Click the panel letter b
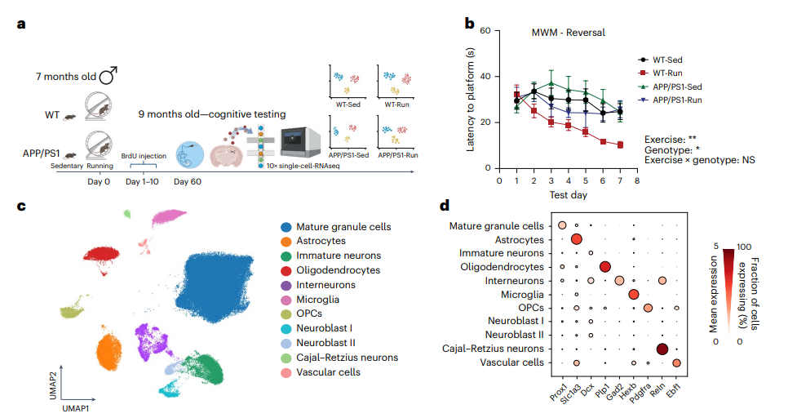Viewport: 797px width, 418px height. [470, 23]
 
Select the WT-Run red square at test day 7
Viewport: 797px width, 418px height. [620, 145]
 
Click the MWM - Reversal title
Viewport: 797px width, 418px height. [563, 33]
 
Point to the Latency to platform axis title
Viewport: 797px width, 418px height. [472, 100]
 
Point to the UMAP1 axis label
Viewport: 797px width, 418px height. [75, 405]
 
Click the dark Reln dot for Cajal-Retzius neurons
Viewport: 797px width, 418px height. [662, 349]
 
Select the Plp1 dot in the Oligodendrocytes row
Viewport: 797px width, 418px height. [604, 266]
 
